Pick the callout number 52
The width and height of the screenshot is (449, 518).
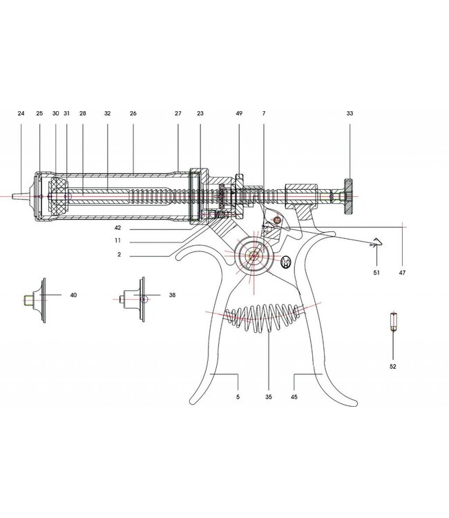pos(392,366)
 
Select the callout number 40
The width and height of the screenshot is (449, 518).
pos(73,294)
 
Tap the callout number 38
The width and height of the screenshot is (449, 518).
pos(172,294)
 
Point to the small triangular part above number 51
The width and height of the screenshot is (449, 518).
pos(376,241)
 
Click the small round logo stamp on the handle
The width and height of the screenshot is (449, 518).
pos(287,262)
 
